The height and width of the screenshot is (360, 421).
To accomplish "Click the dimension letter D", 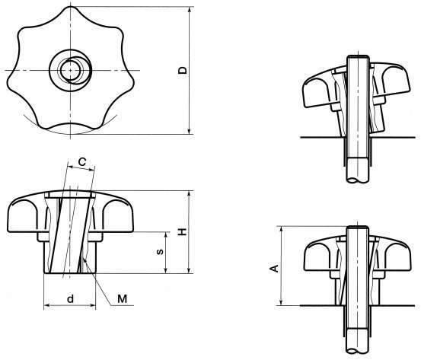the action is (183, 70).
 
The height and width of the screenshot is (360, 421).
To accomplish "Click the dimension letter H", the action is (183, 231).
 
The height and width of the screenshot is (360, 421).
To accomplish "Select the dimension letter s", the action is (160, 252).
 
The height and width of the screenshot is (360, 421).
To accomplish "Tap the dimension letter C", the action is (82, 161).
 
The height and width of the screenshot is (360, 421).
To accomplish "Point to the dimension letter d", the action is (70, 298).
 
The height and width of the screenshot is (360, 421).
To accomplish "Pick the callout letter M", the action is (122, 298).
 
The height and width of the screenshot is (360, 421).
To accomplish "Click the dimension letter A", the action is (275, 268).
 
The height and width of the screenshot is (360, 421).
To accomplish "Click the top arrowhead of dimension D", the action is (190, 10).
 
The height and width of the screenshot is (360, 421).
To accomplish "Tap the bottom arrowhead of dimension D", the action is (190, 130).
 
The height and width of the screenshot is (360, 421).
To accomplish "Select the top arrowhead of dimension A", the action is (281, 230).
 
